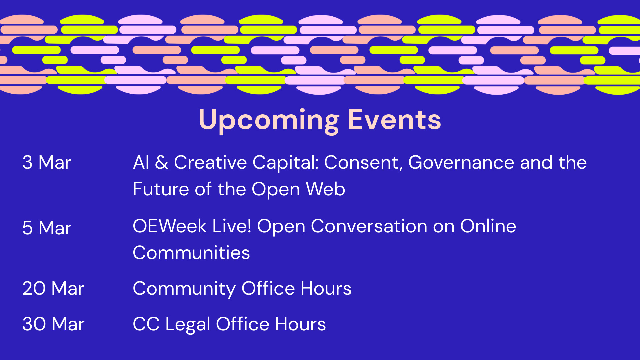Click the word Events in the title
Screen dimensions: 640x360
pos(394,119)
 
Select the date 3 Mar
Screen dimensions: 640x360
pos(47,162)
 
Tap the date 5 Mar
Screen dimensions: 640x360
pos(47,228)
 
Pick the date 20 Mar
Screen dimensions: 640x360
pos(53,288)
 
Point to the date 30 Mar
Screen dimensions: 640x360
pos(53,324)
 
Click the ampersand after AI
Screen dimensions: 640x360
pos(162,162)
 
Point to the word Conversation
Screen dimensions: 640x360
pos(369,226)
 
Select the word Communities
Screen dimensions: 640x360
pos(191,253)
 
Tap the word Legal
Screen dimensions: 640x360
pos(188,325)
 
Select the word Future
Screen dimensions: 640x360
pos(161,189)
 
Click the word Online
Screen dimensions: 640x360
pos(488,226)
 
